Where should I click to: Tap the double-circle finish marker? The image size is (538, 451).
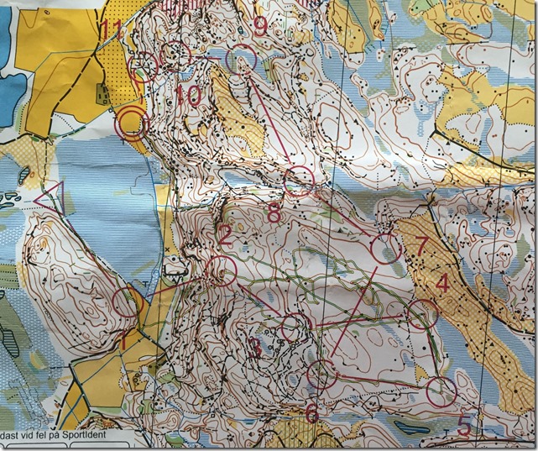132,123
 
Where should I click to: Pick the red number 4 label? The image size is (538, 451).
442,284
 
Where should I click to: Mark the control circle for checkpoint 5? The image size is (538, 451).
440,391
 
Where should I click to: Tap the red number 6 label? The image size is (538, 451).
311,413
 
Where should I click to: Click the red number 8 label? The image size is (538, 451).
274,213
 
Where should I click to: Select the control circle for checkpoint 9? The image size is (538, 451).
242,57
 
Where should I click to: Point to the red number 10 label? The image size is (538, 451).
189,96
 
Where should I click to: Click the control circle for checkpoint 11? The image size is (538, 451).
144,66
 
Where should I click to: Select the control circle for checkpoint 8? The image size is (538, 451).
298,180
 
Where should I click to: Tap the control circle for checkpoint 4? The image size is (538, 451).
422,314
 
